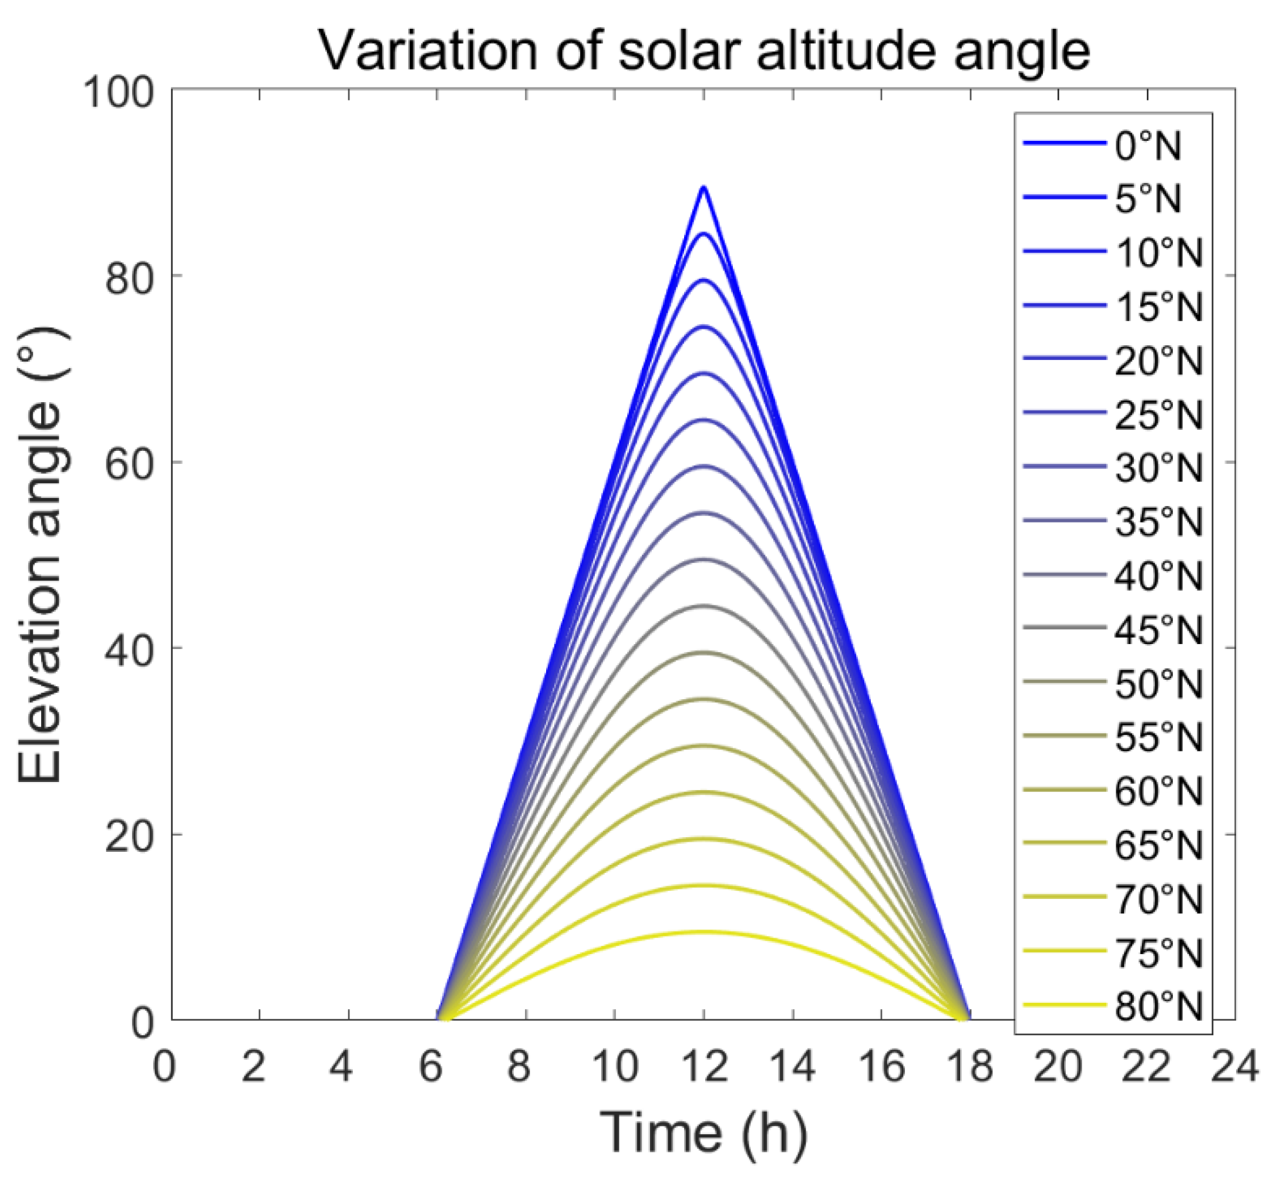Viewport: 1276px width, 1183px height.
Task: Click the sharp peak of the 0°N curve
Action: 703,187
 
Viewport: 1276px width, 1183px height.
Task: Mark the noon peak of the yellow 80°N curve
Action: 703,931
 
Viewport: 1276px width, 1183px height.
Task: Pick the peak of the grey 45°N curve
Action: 703,605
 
